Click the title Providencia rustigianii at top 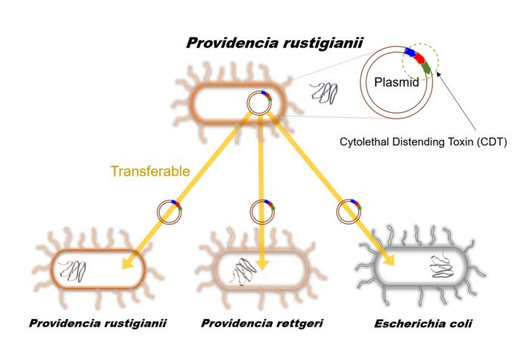coord(274,43)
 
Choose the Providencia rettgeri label coord(262,324)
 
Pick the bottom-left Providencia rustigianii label coord(97,324)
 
